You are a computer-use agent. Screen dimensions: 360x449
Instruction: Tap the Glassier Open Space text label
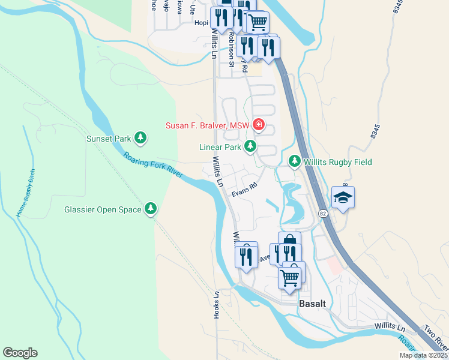click(103, 209)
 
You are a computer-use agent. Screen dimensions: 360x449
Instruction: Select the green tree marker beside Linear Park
click(250, 147)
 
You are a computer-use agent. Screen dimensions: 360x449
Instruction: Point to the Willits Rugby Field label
click(337, 162)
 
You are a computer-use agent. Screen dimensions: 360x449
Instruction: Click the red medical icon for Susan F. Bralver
click(259, 125)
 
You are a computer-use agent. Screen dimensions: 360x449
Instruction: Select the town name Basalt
click(312, 304)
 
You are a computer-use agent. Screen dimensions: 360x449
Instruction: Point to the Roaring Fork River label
click(153, 164)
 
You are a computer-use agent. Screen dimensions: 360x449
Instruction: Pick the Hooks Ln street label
click(217, 304)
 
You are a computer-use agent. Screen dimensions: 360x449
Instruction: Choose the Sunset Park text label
click(108, 139)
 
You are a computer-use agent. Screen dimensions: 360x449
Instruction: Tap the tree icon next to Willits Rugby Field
click(295, 161)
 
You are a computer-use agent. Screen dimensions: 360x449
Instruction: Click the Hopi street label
click(201, 23)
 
